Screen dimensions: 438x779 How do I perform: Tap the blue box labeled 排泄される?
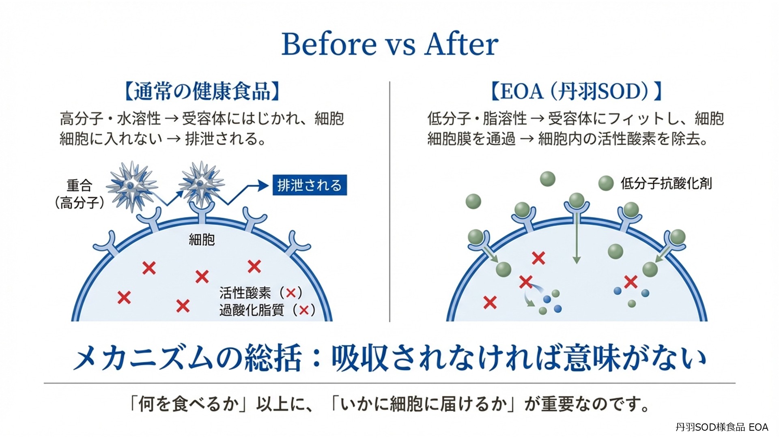[310, 185]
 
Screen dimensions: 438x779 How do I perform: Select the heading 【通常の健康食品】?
[202, 91]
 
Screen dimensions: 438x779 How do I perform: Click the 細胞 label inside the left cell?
[202, 240]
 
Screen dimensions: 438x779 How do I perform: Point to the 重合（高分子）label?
[80, 194]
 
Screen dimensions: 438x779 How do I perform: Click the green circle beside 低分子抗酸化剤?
[606, 183]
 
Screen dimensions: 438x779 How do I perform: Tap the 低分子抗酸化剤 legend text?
[666, 183]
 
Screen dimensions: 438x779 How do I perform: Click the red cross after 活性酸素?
[291, 292]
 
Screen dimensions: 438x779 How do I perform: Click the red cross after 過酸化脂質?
[303, 310]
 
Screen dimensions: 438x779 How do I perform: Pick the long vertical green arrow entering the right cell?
[577, 239]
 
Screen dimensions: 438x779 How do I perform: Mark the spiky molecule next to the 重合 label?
[131, 185]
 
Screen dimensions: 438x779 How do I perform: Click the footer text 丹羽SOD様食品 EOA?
[721, 427]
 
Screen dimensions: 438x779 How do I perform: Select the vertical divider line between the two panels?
[389, 203]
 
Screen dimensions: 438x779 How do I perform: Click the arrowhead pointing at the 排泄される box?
[264, 186]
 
